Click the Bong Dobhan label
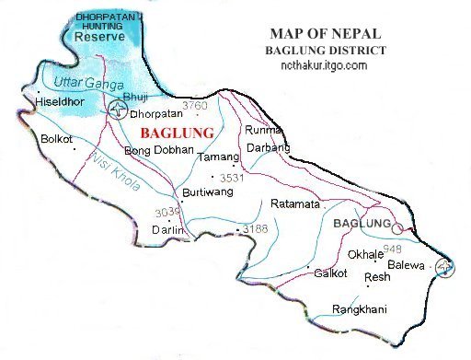pyautogui.click(x=159, y=149)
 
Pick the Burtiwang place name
pyautogui.click(x=204, y=196)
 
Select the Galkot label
pyautogui.click(x=329, y=273)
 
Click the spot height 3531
pyautogui.click(x=228, y=177)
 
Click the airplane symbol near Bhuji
pyautogui.click(x=117, y=110)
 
